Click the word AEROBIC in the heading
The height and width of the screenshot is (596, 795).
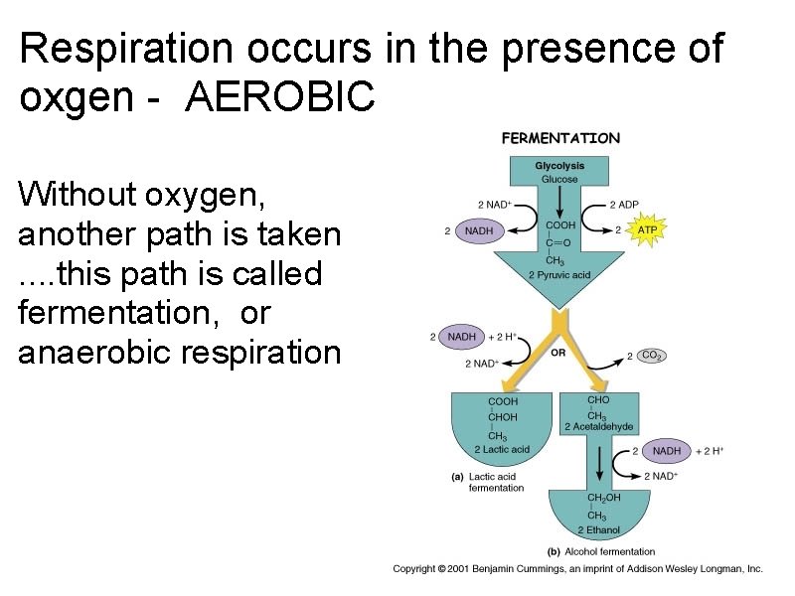tap(280, 96)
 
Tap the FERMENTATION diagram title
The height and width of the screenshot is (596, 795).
tap(560, 139)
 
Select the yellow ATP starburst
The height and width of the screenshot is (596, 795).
tap(647, 230)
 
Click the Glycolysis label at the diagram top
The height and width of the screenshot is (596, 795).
tap(559, 166)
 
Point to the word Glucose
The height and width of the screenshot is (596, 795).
tap(559, 179)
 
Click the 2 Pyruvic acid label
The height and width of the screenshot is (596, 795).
tap(559, 274)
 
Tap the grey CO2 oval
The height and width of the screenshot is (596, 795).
tap(652, 355)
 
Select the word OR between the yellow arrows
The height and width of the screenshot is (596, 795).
tap(559, 352)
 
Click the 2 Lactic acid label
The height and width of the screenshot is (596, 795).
tap(502, 449)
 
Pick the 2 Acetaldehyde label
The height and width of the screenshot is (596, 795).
tap(598, 427)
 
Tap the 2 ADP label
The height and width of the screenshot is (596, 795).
tap(624, 205)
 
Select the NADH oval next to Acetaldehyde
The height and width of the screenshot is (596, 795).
tap(667, 451)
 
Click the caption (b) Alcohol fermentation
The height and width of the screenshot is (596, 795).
tap(601, 551)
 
